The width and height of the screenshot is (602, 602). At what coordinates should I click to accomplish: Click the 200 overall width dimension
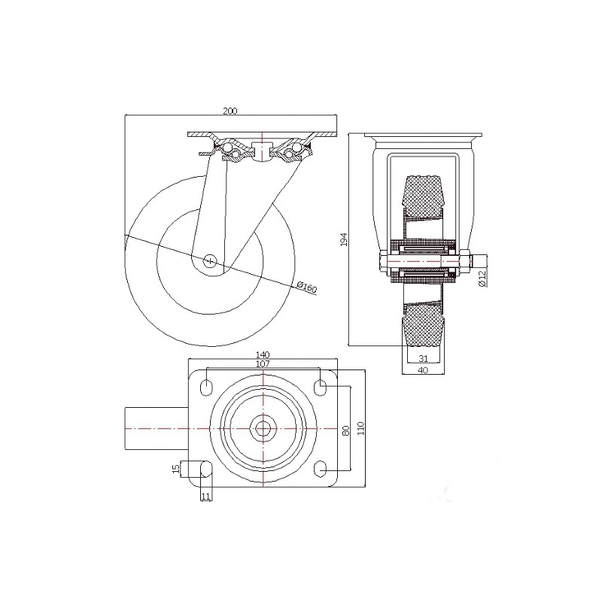(230, 111)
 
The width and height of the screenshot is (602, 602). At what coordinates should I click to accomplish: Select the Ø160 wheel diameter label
(308, 287)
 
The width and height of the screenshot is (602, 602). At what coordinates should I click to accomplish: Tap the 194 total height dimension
(344, 239)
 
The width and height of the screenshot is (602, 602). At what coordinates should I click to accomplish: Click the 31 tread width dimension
(423, 359)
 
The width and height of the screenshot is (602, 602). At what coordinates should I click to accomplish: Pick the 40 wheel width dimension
(423, 370)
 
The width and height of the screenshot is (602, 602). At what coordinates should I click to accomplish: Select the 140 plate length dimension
(263, 354)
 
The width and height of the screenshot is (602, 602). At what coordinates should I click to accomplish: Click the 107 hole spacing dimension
(263, 364)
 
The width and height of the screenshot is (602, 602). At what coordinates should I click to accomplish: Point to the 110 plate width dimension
(360, 428)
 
